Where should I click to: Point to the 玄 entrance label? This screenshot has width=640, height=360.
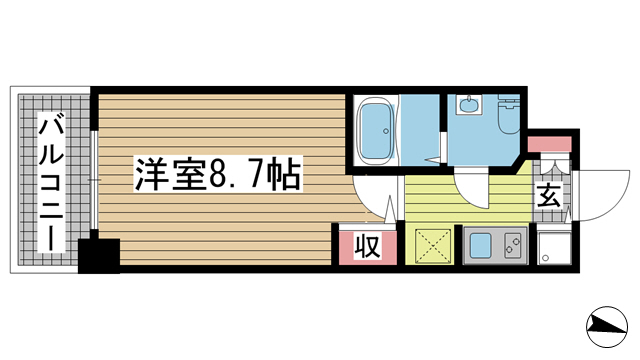550,195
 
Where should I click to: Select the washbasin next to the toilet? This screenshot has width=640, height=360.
467,104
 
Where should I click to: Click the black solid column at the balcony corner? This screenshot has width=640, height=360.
99,254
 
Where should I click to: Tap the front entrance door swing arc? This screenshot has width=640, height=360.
596,195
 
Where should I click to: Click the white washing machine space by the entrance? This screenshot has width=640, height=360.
552,246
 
